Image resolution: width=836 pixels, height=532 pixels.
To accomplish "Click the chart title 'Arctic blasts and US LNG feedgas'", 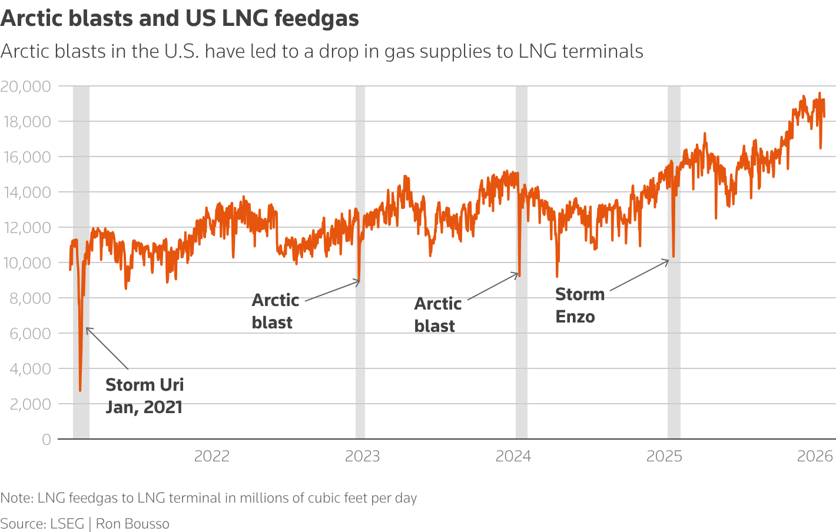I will [180, 18].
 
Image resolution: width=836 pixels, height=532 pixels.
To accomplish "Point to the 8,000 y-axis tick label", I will [29, 298].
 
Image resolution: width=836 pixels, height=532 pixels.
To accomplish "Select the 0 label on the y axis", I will [46, 440].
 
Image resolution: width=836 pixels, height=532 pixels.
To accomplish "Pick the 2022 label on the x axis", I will [212, 456].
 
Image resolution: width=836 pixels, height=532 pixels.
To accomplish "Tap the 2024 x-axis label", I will [513, 456].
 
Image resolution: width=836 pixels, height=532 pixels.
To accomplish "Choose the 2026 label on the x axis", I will [815, 456].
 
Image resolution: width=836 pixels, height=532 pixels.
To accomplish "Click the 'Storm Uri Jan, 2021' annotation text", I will [144, 396].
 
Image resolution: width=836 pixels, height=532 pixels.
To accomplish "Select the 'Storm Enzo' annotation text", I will [579, 305].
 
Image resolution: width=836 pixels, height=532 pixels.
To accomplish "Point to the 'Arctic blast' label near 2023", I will [275, 311].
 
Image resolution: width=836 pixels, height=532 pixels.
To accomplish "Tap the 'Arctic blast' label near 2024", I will [437, 315].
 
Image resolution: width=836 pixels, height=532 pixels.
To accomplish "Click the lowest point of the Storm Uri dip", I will [80, 390].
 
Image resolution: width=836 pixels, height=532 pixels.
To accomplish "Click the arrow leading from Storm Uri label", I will [107, 348].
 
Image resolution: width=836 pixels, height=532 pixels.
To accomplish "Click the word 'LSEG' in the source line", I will [67, 524].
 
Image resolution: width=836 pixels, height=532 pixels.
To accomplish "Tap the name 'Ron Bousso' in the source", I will [132, 524].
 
